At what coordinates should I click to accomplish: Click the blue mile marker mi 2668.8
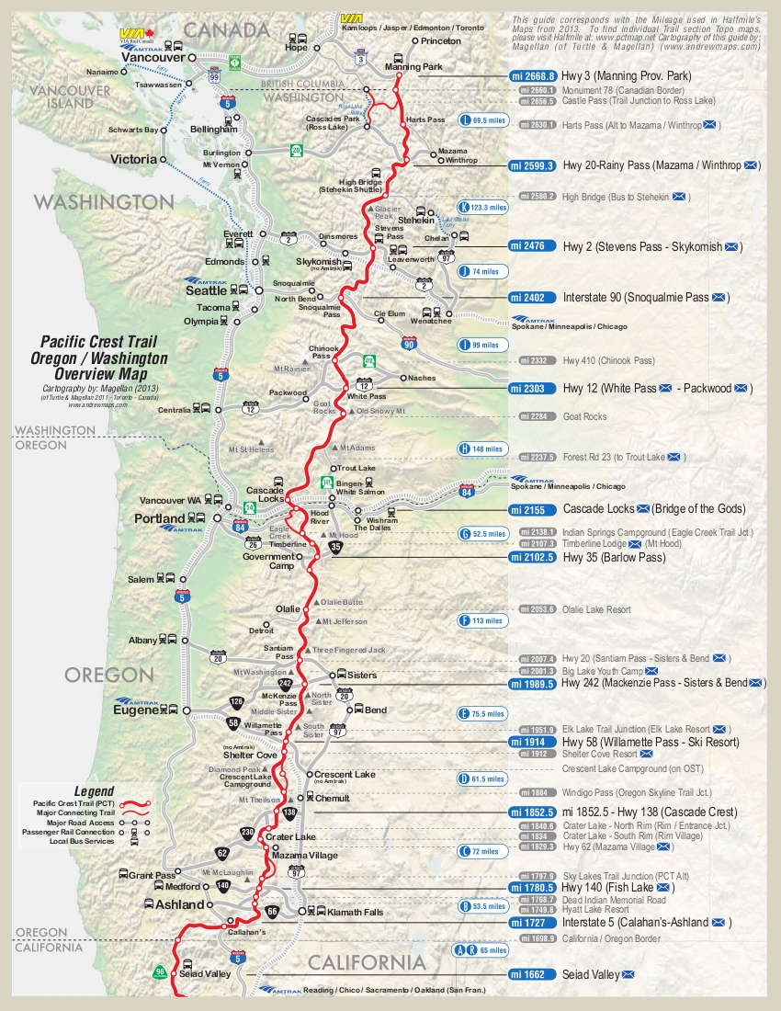532,76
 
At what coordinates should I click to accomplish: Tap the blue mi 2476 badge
532,246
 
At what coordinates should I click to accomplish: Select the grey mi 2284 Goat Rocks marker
538,416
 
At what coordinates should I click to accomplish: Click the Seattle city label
206,290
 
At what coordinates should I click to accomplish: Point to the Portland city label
160,518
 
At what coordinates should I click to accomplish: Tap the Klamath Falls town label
357,912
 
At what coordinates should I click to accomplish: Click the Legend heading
94,790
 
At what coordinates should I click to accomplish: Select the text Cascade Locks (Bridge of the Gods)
654,508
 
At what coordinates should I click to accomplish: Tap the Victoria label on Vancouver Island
133,159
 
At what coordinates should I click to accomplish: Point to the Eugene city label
136,710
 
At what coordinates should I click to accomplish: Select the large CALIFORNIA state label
367,963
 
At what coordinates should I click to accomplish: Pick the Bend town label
376,710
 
